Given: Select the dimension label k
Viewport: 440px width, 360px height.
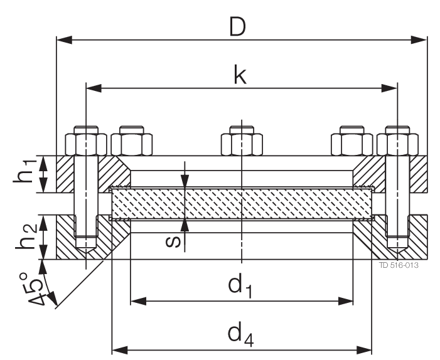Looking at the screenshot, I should [x=240, y=74].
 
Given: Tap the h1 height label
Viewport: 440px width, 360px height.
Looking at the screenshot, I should [x=25, y=174].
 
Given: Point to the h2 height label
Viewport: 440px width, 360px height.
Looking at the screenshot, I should [x=25, y=237].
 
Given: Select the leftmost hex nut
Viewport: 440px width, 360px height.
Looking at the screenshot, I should [x=85, y=143].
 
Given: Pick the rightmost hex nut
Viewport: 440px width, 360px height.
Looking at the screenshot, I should [x=398, y=143].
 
